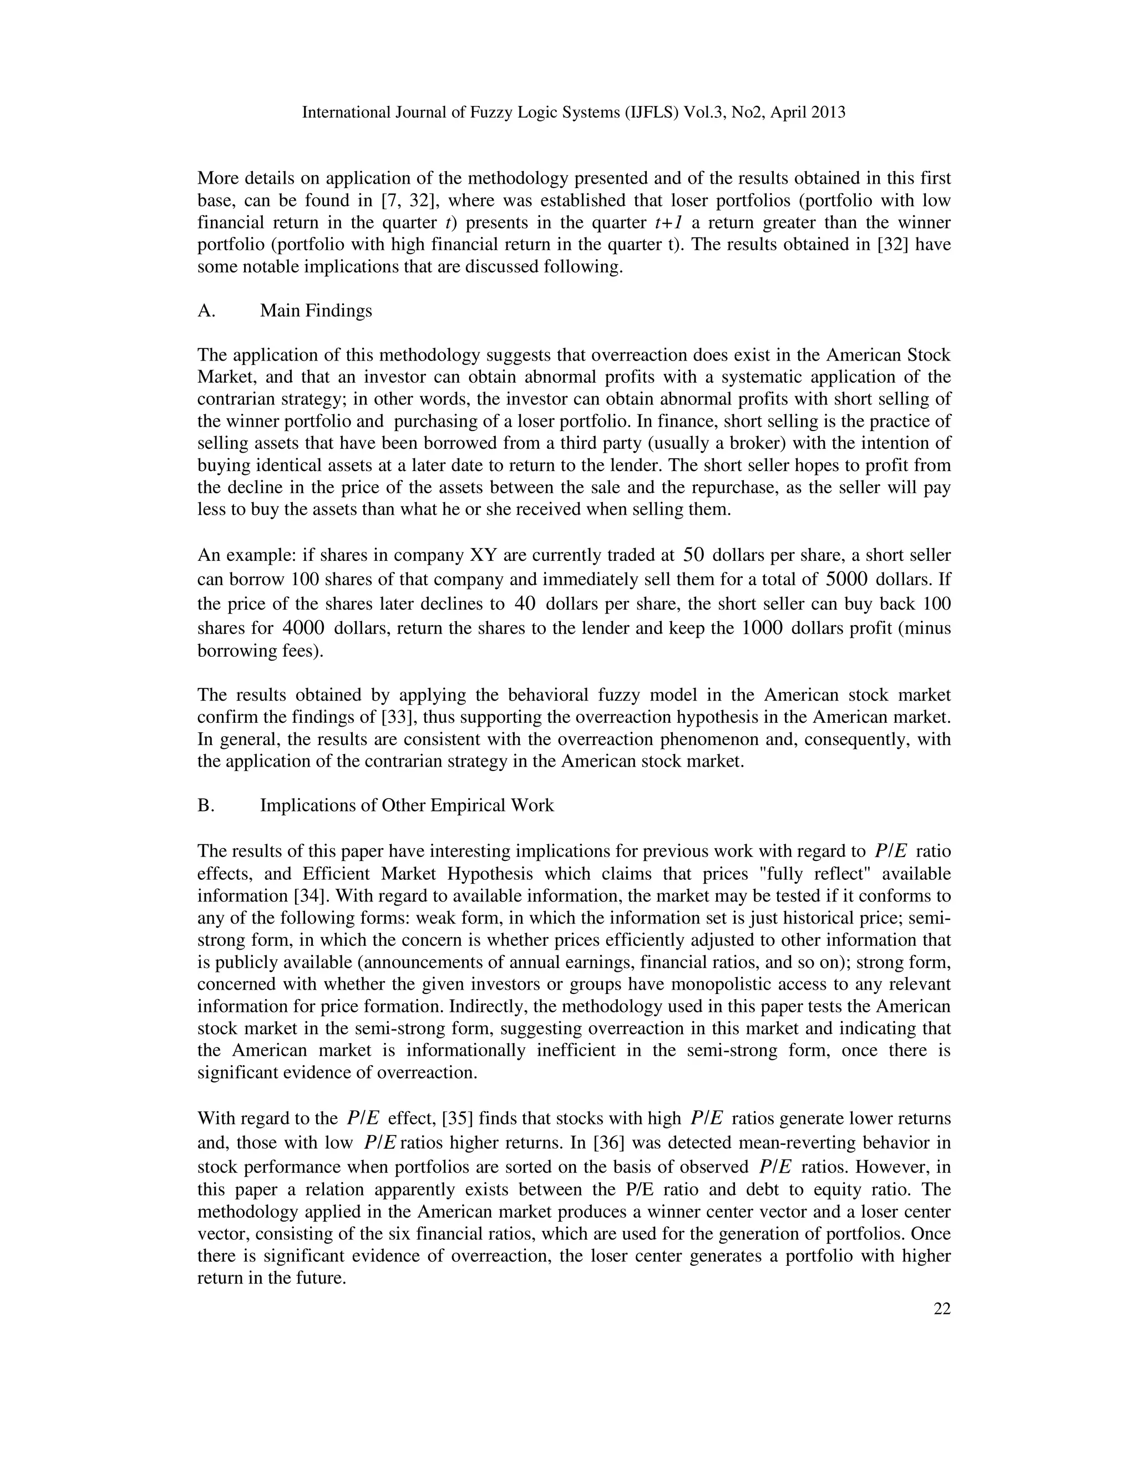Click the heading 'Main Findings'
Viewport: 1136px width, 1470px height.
click(x=316, y=311)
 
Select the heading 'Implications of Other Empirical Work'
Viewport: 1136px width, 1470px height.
click(x=407, y=805)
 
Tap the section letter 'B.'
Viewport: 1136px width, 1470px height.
click(x=206, y=805)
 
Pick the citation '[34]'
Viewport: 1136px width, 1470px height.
click(x=303, y=896)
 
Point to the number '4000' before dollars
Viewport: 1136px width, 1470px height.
click(x=303, y=628)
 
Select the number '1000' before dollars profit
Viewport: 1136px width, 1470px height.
click(x=762, y=628)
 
